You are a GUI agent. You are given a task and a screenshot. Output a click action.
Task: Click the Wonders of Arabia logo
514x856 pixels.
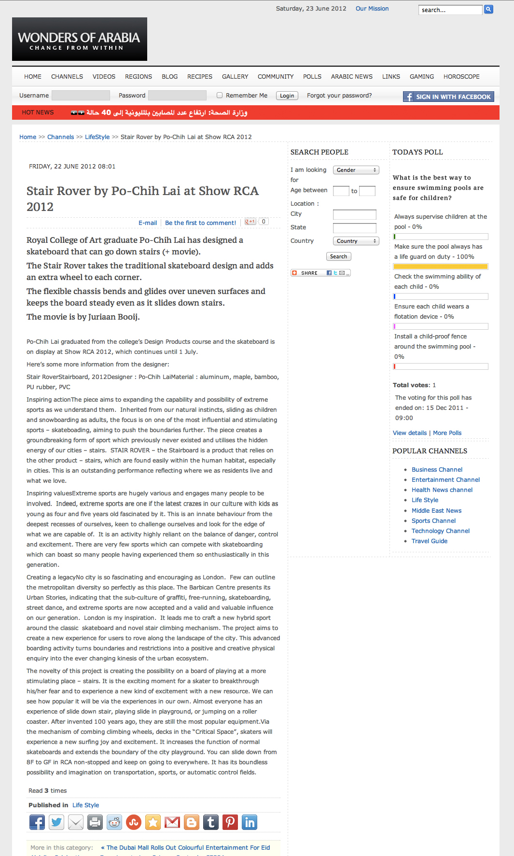(x=79, y=40)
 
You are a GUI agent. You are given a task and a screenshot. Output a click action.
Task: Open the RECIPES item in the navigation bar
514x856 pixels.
(x=200, y=77)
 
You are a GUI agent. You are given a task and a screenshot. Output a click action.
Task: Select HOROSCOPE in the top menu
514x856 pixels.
(x=461, y=77)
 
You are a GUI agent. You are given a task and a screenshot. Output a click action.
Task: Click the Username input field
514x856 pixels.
(x=81, y=96)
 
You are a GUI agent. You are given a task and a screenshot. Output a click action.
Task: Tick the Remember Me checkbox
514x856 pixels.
(x=220, y=96)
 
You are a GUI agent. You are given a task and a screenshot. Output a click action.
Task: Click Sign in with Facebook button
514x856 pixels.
(x=448, y=97)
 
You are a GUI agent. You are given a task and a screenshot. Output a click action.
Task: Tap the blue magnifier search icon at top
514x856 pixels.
(x=488, y=9)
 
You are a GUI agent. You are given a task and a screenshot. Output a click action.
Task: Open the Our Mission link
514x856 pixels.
(x=372, y=9)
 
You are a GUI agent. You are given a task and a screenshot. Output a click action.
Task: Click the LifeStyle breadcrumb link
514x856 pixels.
(x=97, y=137)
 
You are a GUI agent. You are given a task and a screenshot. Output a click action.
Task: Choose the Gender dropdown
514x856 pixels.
(x=356, y=170)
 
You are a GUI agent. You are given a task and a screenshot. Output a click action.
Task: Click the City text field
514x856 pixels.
(x=354, y=214)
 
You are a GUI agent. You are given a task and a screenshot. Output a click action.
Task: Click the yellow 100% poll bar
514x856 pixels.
(x=440, y=267)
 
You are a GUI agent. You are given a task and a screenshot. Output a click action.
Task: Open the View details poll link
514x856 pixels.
(x=409, y=433)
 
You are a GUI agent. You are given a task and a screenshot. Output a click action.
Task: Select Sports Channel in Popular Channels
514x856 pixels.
(x=433, y=521)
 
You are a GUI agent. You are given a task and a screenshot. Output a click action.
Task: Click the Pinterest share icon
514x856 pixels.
(x=230, y=822)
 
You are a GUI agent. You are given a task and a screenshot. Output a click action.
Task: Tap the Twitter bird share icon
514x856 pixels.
(x=56, y=822)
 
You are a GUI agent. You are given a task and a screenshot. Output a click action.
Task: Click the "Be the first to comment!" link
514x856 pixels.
(x=200, y=223)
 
